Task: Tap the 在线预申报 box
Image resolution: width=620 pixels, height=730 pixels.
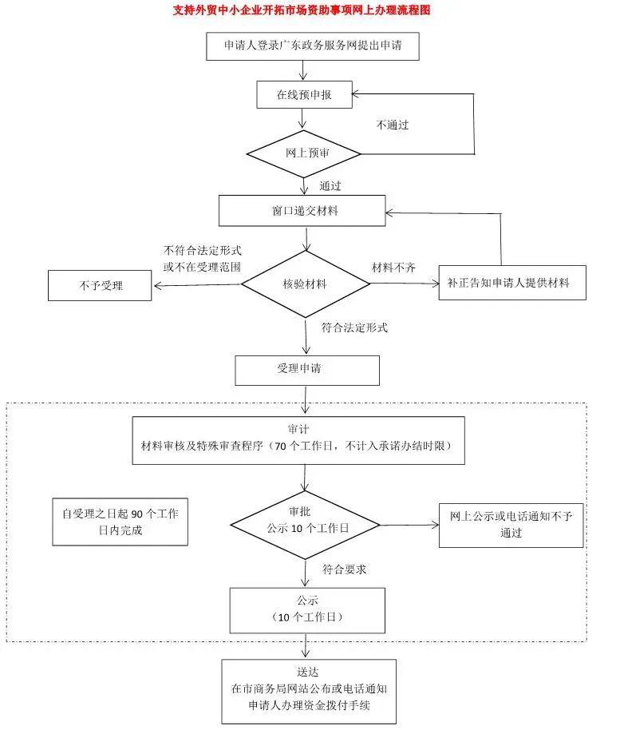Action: [303, 94]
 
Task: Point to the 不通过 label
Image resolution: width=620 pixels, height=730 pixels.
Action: [393, 125]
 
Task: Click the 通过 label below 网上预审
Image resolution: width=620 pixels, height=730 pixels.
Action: [330, 186]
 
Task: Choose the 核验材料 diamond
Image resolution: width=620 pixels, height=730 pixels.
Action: [304, 284]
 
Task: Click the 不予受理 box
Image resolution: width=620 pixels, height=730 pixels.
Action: [99, 285]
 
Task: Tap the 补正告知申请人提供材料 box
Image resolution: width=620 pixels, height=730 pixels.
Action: [511, 284]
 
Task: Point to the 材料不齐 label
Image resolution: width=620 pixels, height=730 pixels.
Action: [393, 265]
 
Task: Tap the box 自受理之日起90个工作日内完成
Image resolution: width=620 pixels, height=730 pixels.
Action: [120, 522]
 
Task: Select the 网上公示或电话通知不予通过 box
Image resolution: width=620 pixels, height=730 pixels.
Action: [511, 525]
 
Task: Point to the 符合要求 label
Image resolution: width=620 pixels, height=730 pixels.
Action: [344, 569]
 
